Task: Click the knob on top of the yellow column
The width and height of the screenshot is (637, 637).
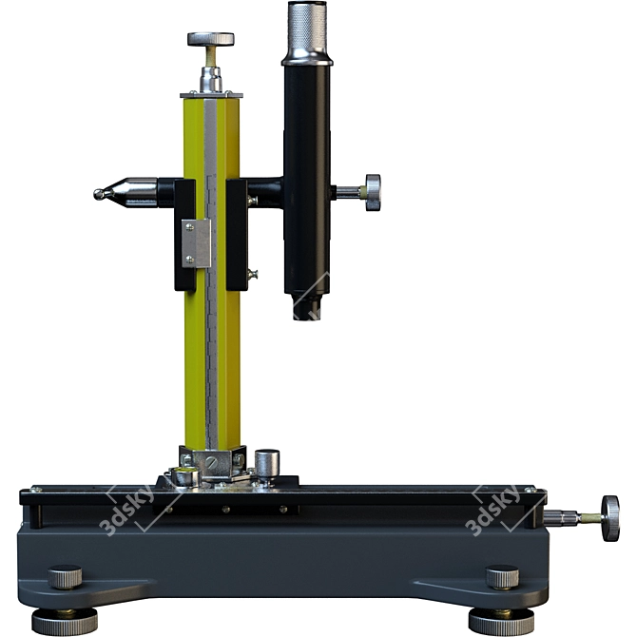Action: point(210,39)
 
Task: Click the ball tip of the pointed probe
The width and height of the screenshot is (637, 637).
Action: point(99,195)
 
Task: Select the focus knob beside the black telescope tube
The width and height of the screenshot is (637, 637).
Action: point(373,193)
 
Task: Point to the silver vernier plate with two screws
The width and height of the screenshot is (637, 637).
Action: point(196,243)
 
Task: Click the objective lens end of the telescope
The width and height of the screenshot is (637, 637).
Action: point(307,307)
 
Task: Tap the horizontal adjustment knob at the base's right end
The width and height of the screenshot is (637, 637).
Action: point(610,518)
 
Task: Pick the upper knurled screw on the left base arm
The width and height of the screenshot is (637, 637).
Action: point(65,576)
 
